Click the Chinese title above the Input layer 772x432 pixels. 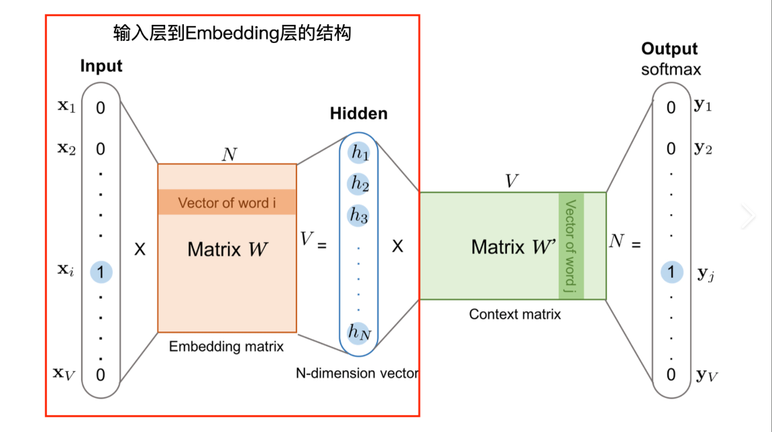point(233,33)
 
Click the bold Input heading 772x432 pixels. point(101,66)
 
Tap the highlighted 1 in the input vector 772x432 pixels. point(101,272)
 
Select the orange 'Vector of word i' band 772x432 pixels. point(227,203)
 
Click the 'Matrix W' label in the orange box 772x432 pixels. point(227,250)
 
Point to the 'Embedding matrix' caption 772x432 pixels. point(226,347)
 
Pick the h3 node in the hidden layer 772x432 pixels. point(359,215)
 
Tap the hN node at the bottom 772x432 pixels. point(359,331)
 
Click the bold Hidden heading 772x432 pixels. point(359,113)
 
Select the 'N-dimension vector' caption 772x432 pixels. point(357,374)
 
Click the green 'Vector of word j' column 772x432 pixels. point(571,246)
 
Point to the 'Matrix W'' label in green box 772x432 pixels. point(514,246)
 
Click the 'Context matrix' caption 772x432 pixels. point(514,314)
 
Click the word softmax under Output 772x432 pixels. point(671,69)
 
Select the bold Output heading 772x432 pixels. point(669,49)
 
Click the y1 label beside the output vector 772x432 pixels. point(703,106)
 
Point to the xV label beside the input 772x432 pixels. point(64,373)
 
